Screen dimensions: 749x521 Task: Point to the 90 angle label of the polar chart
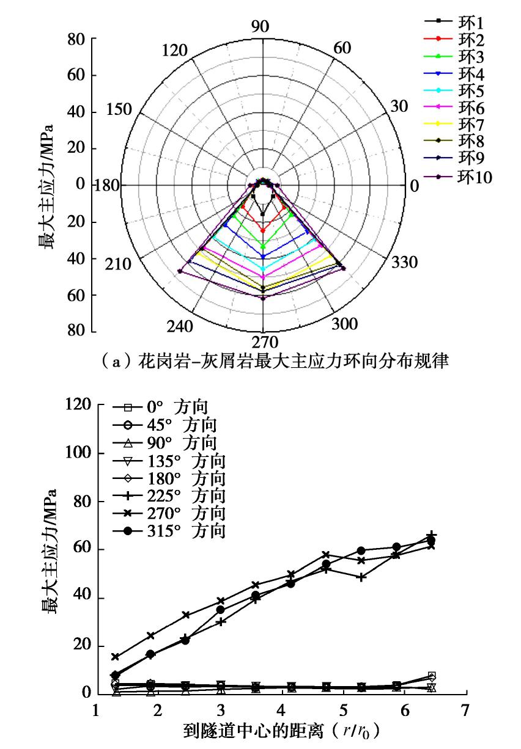(x=260, y=26)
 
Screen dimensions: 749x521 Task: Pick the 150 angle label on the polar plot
(x=119, y=110)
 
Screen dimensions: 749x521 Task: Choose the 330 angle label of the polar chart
(x=404, y=263)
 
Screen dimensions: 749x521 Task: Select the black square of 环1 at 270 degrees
(x=263, y=214)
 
